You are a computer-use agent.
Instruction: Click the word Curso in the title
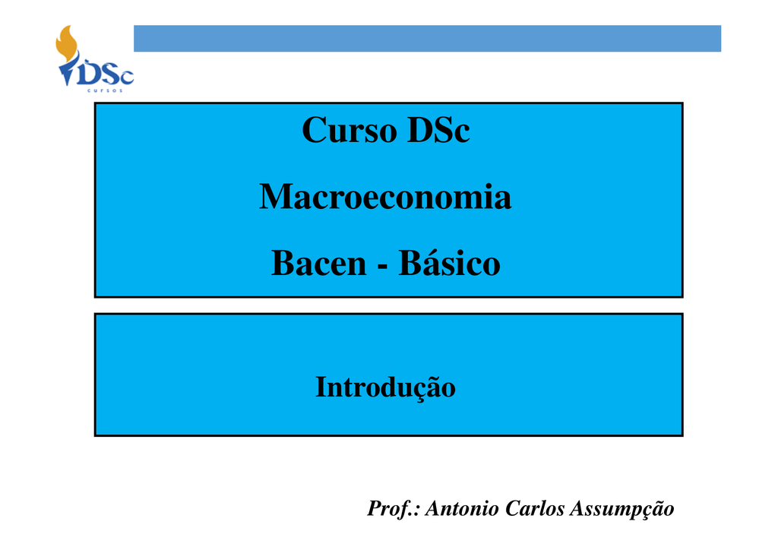pos(349,131)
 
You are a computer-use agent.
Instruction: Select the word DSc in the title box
pos(438,131)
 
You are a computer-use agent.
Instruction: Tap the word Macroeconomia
pos(385,197)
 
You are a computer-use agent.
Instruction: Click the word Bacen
pos(318,263)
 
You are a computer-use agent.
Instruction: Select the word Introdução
pos(385,387)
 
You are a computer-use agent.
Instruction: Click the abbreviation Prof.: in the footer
pos(394,509)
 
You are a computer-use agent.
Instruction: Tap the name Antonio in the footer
pos(462,508)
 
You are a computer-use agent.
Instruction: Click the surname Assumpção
pos(621,509)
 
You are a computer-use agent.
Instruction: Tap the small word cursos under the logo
pos(105,90)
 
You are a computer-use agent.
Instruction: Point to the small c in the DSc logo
pos(128,77)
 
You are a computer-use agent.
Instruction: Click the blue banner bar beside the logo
pos(427,39)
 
